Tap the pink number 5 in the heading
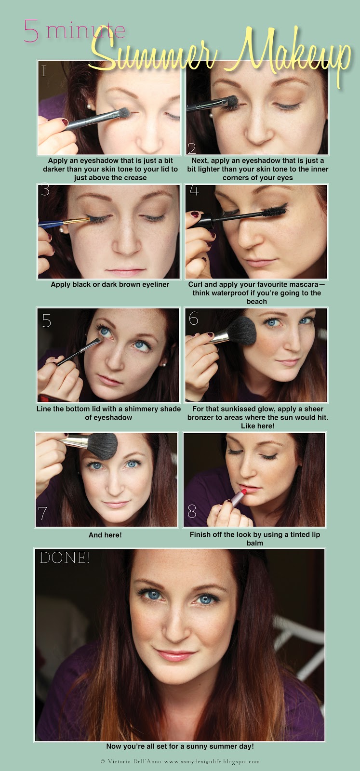pyautogui.click(x=31, y=31)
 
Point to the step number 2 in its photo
pyautogui.click(x=192, y=148)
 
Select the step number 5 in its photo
pyautogui.click(x=46, y=320)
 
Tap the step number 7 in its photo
pyautogui.click(x=42, y=513)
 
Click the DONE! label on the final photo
pyautogui.click(x=65, y=558)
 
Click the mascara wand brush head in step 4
pyautogui.click(x=275, y=210)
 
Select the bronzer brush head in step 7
pyautogui.click(x=103, y=446)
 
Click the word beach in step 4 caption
pyautogui.click(x=257, y=302)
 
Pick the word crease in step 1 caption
pyautogui.click(x=134, y=178)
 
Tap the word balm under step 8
pyautogui.click(x=254, y=543)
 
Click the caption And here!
pyautogui.click(x=105, y=535)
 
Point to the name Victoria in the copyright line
pyautogui.click(x=119, y=762)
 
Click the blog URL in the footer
pyautogui.click(x=212, y=762)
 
